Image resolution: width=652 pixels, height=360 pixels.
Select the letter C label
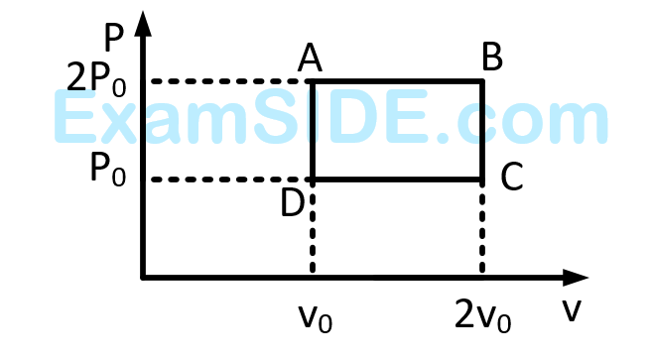[511, 178]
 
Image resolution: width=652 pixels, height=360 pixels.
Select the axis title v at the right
[571, 310]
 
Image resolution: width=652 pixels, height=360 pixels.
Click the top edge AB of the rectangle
[397, 80]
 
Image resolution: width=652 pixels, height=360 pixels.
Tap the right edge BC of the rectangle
[482, 129]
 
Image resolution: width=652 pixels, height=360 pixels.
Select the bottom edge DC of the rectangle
[397, 180]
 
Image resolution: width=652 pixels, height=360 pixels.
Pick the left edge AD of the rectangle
[314, 129]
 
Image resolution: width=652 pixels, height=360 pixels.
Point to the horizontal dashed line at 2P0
[228, 80]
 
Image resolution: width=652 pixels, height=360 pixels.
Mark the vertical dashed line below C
[482, 228]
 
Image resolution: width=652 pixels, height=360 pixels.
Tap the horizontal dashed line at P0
[228, 180]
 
